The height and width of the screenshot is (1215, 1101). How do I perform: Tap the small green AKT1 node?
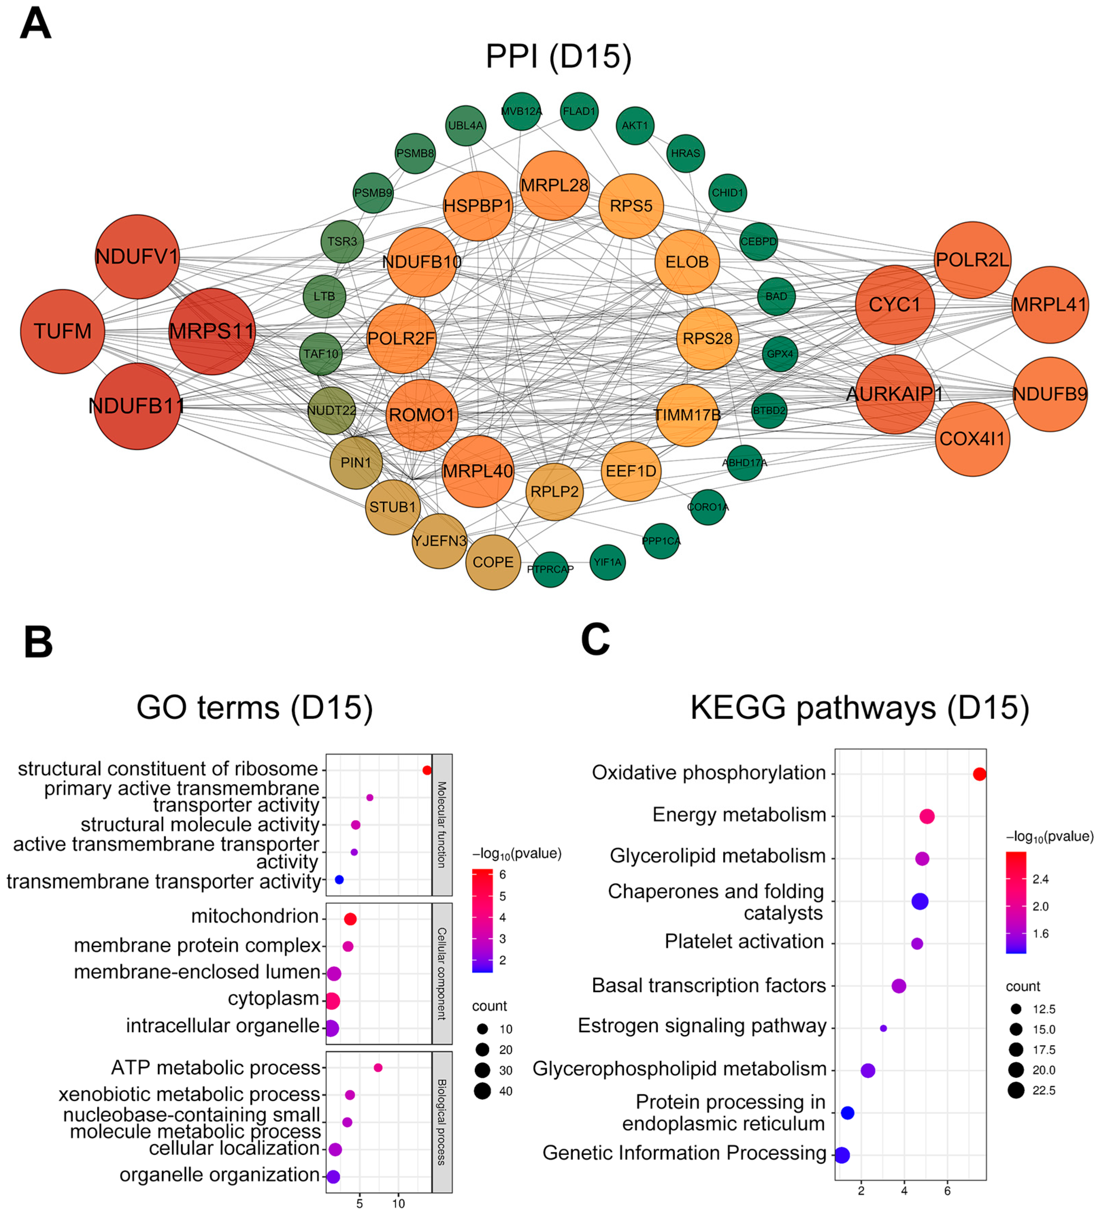pos(635,126)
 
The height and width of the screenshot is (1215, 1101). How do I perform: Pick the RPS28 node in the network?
pos(707,339)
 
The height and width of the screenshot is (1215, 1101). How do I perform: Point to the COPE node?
pos(493,562)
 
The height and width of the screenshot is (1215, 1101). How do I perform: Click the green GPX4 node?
pos(780,354)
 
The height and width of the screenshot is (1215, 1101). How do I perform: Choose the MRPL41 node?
pos(1050,305)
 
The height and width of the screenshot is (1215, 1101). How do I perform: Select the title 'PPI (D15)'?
pos(558,57)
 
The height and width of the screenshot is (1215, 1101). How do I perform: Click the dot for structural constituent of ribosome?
pos(427,770)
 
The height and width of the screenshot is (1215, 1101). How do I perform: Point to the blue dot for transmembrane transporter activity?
pos(339,880)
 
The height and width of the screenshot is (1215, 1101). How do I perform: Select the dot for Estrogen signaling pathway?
pos(883,1028)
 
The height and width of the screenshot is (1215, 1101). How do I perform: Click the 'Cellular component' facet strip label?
pos(442,973)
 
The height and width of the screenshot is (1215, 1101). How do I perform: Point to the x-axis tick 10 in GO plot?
pos(398,1203)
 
